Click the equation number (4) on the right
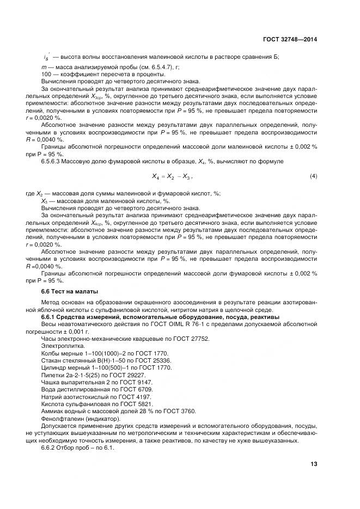pos(313,176)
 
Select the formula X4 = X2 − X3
pos(172,177)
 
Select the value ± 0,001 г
pos(77,331)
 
